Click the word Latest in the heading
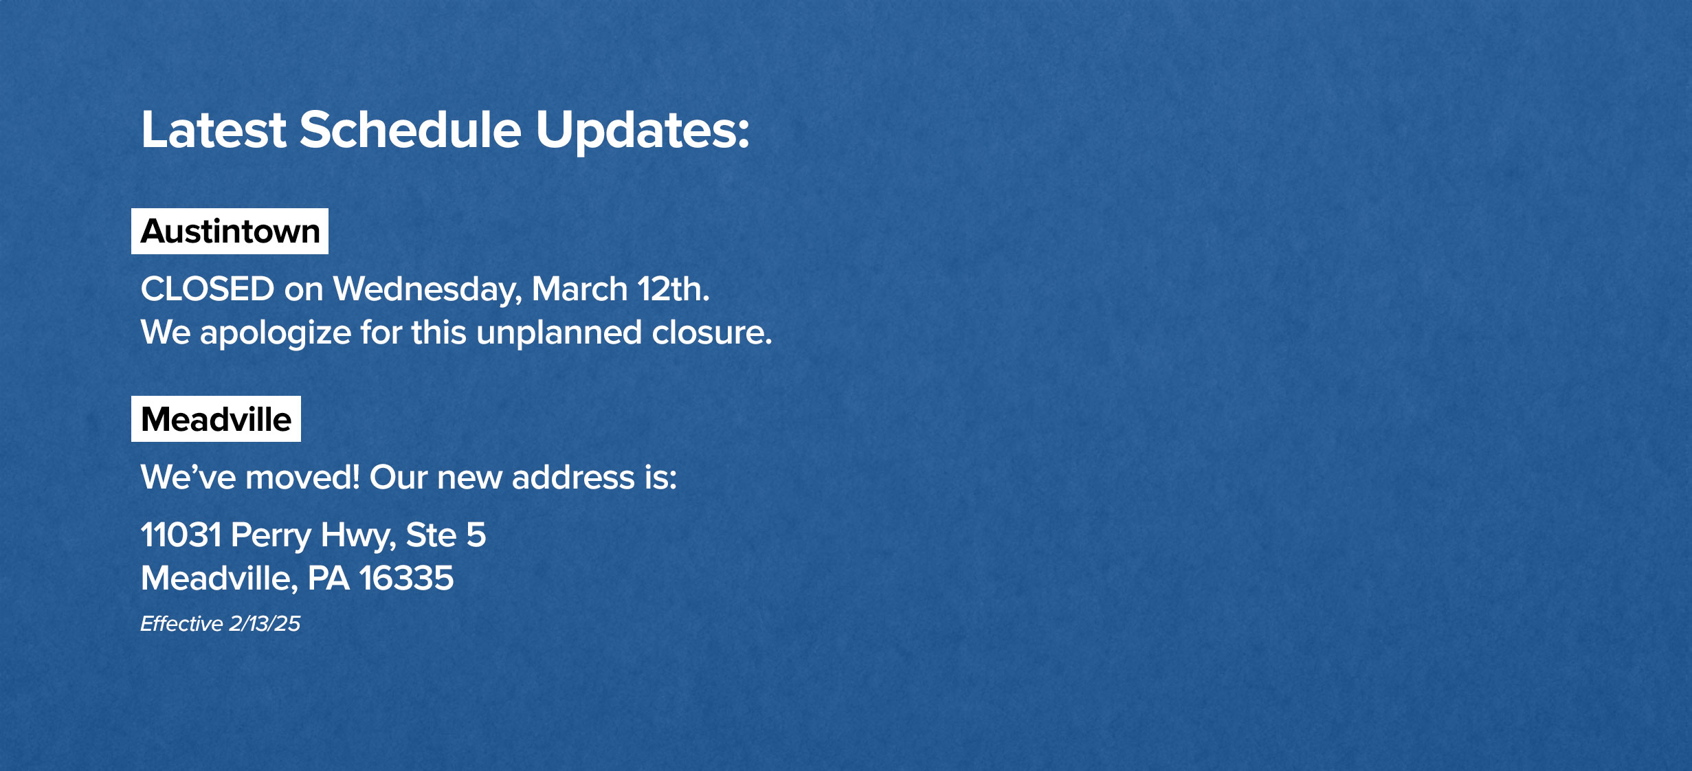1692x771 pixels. coord(213,129)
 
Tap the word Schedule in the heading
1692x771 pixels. coord(410,129)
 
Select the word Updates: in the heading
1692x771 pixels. coord(643,132)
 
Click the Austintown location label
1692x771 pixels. coord(230,232)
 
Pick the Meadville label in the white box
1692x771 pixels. coord(216,419)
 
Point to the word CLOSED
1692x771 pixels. coord(208,289)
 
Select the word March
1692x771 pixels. coord(579,289)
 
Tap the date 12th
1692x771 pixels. coord(674,289)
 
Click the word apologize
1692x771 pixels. coord(276,334)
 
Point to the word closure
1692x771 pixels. coord(712,333)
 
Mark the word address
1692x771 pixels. coord(573,477)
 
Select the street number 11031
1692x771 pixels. coord(181,535)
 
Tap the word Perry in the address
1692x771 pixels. coord(271,536)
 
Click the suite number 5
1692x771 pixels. coord(476,535)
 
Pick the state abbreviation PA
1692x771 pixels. coord(329,578)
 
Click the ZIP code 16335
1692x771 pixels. coord(406,578)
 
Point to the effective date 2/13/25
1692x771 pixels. coord(265,623)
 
